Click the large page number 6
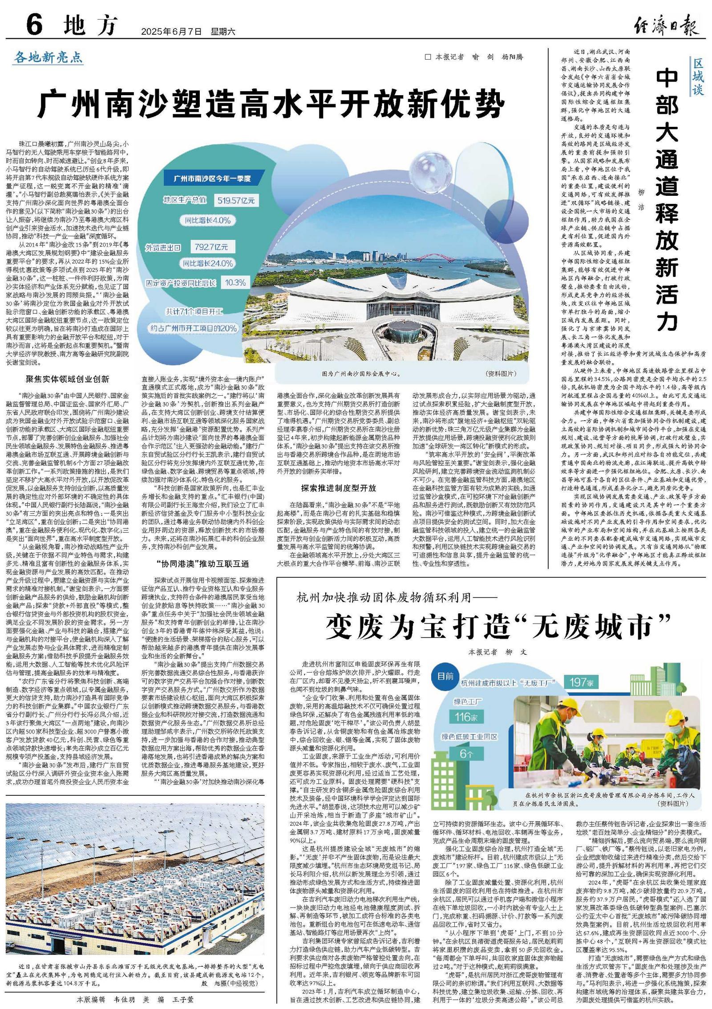[x=34, y=24]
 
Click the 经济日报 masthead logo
[x=666, y=25]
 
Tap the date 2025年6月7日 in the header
[x=171, y=32]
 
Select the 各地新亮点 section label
[x=49, y=57]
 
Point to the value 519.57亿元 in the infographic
[x=236, y=200]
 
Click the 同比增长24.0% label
[x=208, y=263]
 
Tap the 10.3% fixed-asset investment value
[x=235, y=282]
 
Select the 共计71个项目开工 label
[x=194, y=311]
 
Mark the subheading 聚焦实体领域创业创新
[x=67, y=379]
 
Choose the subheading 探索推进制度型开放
[x=338, y=488]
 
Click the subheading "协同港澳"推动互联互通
[x=202, y=563]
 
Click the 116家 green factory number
[x=466, y=717]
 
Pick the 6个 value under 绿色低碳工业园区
[x=466, y=753]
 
